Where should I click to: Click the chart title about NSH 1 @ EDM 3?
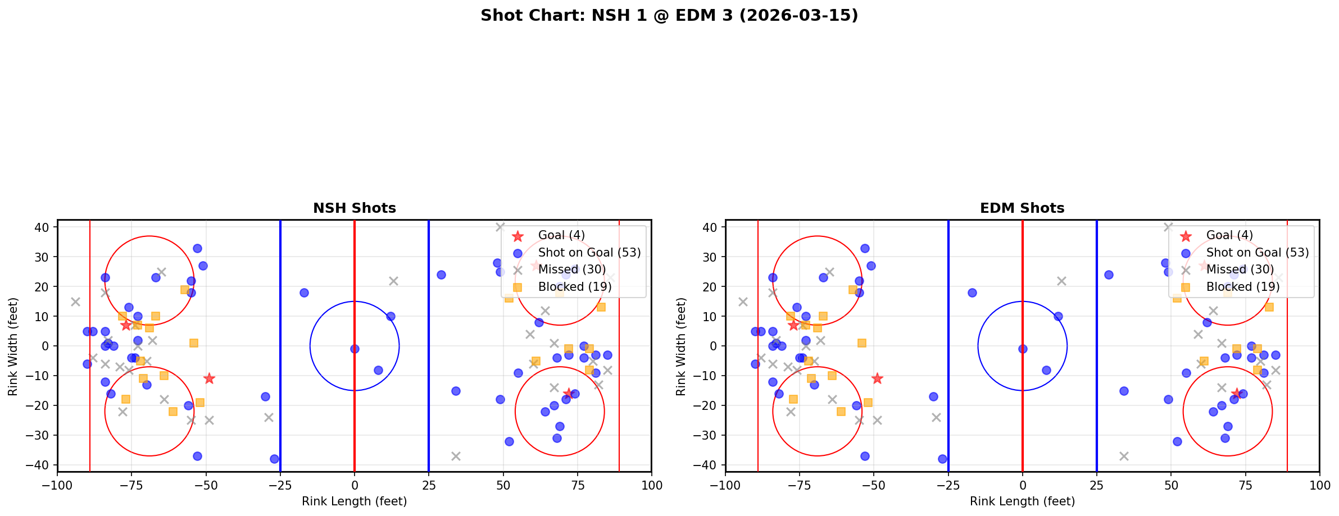(669, 15)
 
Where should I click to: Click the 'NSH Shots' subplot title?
(354, 208)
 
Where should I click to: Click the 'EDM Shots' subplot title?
(1022, 208)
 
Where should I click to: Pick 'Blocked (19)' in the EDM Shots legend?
(1243, 287)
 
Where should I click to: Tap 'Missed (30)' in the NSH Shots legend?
(572, 270)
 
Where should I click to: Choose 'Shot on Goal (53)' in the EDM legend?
(1258, 253)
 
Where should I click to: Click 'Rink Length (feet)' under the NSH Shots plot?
(354, 501)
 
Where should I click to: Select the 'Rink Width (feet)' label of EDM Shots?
(681, 346)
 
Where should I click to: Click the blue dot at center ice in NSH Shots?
(355, 349)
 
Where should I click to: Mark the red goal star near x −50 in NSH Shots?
(209, 378)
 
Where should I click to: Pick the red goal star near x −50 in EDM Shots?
(877, 378)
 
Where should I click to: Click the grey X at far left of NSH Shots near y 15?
(75, 302)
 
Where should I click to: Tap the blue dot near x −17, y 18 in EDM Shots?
(972, 293)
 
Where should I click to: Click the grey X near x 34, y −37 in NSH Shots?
(456, 456)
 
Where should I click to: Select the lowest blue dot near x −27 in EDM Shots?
(942, 459)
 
